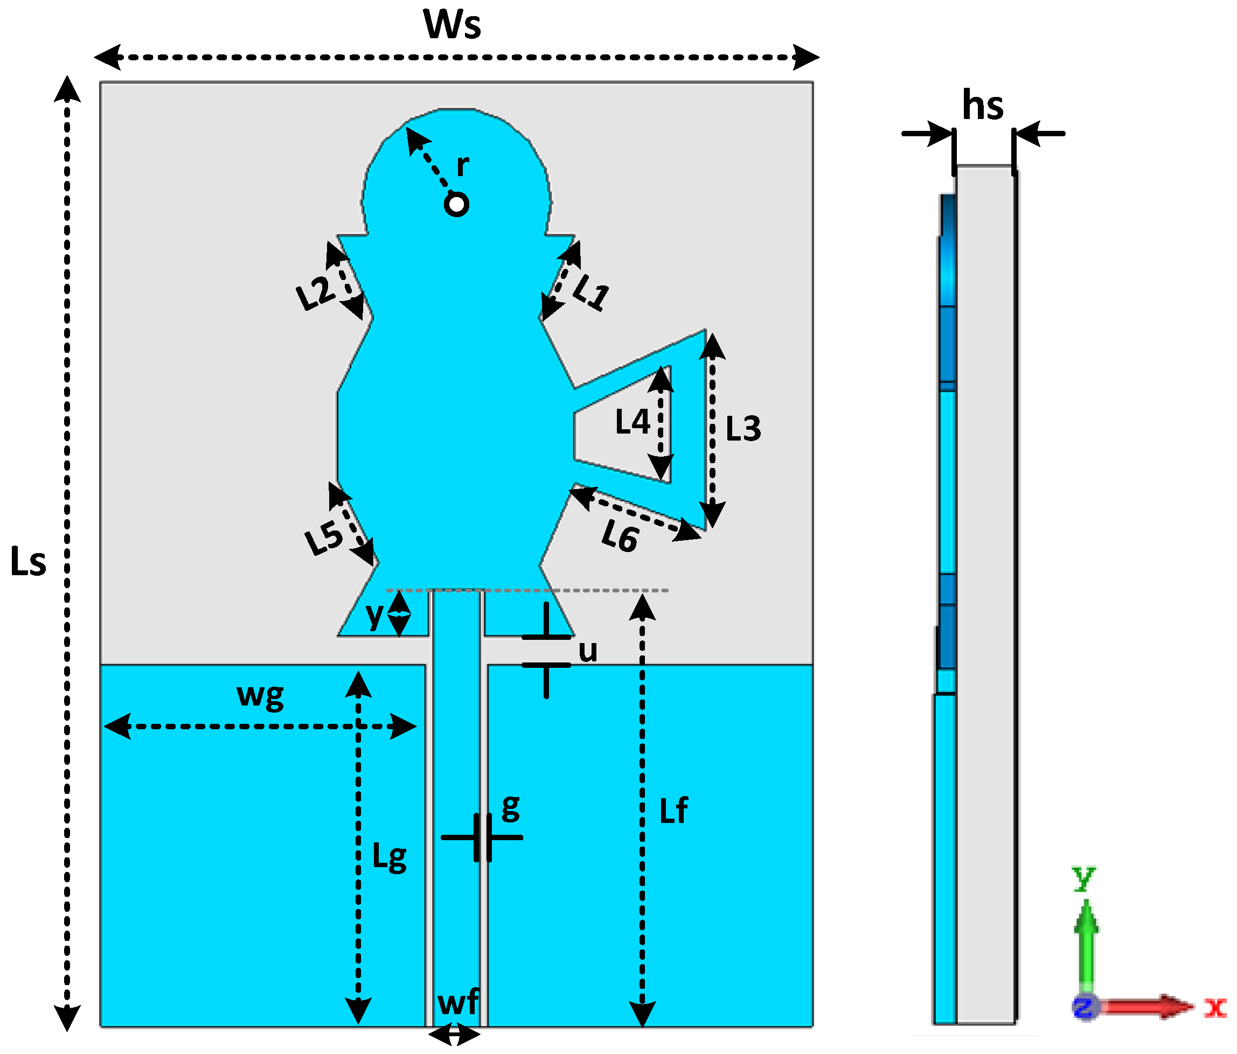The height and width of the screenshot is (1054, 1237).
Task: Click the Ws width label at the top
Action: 452,25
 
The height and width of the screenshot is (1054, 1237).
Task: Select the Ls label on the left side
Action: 28,562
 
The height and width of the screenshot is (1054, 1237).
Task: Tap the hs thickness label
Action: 983,106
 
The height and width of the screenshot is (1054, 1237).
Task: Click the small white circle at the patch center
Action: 457,205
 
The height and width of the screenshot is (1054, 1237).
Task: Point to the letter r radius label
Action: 463,165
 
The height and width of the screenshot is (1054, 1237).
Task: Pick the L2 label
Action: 315,292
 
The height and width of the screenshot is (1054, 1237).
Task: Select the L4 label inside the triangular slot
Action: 632,422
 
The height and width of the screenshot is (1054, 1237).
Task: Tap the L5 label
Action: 324,538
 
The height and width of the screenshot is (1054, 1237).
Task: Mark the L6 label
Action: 620,535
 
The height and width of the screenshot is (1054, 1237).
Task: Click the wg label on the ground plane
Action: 260,696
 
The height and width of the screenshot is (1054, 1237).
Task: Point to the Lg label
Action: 389,857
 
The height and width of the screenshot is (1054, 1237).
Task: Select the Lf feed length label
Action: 673,811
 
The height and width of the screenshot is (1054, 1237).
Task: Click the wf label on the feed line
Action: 457,1002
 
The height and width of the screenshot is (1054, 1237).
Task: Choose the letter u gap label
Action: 588,651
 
